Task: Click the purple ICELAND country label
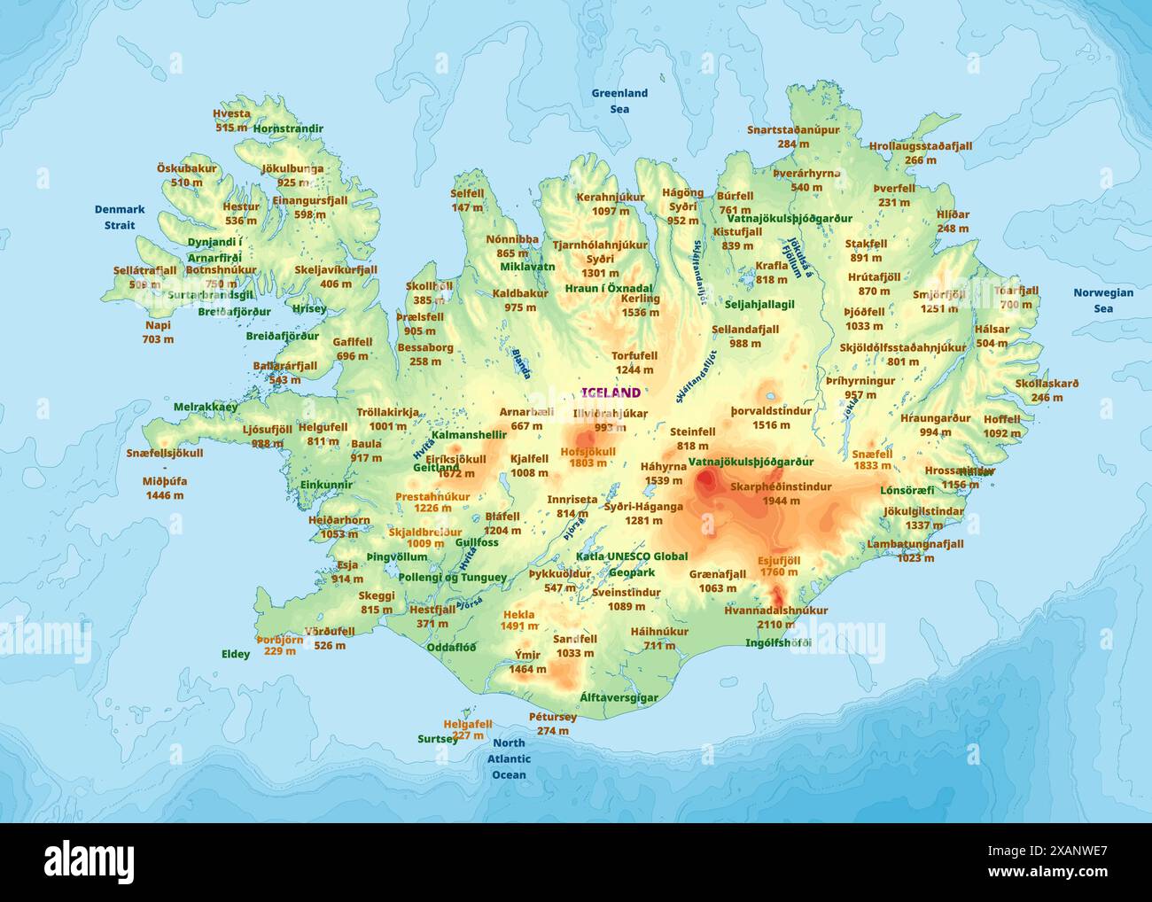click(611, 393)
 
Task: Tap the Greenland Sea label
click(619, 100)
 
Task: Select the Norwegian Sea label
click(1102, 300)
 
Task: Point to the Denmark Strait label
click(120, 217)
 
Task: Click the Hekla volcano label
click(518, 614)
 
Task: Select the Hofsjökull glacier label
click(588, 451)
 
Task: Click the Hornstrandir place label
click(288, 128)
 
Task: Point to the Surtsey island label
click(438, 738)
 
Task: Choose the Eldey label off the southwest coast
click(236, 654)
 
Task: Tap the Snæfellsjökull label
click(164, 453)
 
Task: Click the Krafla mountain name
click(771, 266)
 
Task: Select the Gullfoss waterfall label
click(477, 542)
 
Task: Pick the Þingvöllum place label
click(396, 557)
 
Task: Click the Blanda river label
click(521, 357)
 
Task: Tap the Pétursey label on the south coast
click(553, 717)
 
